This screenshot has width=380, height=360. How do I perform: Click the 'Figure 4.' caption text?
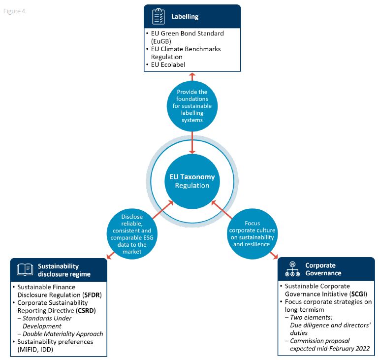pyautogui.click(x=15, y=11)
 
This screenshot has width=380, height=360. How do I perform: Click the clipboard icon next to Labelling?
pyautogui.click(x=158, y=16)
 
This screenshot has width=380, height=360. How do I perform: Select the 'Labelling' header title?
pyautogui.click(x=185, y=16)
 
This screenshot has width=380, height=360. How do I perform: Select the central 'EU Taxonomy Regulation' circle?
pyautogui.click(x=192, y=181)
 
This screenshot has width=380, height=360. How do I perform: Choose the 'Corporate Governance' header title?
pyautogui.click(x=322, y=269)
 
